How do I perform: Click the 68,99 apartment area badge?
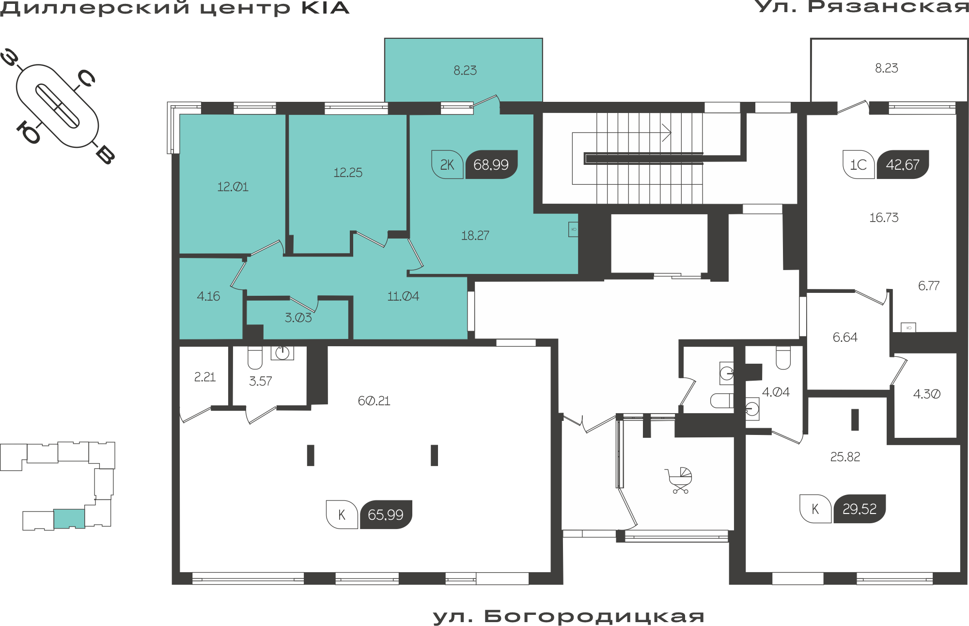tap(491, 165)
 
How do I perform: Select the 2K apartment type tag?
tap(447, 165)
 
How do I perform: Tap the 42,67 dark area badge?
tap(903, 165)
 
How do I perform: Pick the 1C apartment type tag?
tap(859, 165)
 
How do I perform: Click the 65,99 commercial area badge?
tap(386, 514)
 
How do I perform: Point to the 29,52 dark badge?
tap(860, 509)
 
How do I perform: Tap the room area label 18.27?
tap(475, 236)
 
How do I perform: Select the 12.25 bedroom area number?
tap(348, 173)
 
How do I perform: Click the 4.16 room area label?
tap(208, 296)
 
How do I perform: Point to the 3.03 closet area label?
tap(298, 318)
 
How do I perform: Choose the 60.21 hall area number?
tap(374, 401)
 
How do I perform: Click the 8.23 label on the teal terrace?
tap(465, 71)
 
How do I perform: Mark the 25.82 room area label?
tap(845, 457)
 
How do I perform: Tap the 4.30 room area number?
tap(927, 394)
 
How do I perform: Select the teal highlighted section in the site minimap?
tap(69, 518)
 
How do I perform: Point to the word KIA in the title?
tap(325, 8)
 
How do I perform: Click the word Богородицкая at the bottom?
tap(594, 616)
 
